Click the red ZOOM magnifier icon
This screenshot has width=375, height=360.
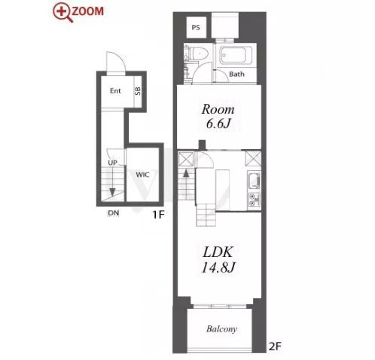[62, 12]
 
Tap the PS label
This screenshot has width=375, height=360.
[196, 27]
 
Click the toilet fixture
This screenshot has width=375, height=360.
[199, 53]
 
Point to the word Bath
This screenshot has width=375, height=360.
[236, 74]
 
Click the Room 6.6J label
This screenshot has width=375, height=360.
[218, 116]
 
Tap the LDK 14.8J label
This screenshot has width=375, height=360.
[218, 259]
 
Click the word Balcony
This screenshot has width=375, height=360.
[221, 329]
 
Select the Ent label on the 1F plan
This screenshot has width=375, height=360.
[115, 90]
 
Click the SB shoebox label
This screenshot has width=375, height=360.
[138, 90]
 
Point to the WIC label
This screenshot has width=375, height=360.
[142, 175]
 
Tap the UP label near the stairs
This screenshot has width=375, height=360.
[112, 163]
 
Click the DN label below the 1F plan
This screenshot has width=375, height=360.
[113, 213]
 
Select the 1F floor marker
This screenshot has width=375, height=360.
[158, 215]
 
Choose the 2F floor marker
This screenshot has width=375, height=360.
[275, 346]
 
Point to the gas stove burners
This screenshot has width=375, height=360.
[254, 200]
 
